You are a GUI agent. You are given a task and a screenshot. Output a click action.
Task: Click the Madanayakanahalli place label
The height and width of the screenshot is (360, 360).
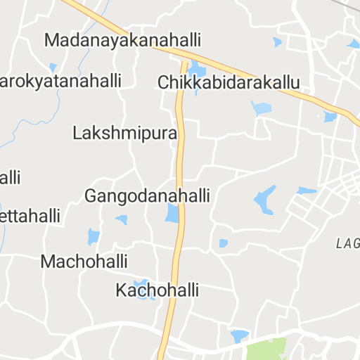[x=123, y=39]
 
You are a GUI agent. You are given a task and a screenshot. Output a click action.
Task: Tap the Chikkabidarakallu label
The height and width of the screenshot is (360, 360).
[x=229, y=82]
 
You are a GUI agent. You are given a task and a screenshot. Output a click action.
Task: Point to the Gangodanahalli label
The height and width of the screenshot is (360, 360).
[x=147, y=195]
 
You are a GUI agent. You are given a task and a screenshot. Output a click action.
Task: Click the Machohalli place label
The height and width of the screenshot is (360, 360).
[x=84, y=262]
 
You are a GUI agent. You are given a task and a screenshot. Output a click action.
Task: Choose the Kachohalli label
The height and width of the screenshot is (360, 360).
[x=158, y=290]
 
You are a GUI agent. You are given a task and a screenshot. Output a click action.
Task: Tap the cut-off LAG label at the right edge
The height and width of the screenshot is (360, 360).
[x=348, y=244]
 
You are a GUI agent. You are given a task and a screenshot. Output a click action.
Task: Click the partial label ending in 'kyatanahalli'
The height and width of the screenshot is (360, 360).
[x=60, y=80]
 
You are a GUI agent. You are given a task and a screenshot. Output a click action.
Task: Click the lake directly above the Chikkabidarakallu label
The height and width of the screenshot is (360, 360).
[x=197, y=70]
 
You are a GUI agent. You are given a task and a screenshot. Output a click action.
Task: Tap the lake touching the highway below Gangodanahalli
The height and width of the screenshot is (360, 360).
[x=172, y=213]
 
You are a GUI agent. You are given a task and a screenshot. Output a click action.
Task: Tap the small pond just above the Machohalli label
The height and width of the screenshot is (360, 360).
[x=93, y=237]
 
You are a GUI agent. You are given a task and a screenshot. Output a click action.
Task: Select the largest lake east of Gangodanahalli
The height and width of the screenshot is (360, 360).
[x=265, y=200]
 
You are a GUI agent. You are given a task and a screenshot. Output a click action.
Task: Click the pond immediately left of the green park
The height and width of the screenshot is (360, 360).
[x=239, y=335]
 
